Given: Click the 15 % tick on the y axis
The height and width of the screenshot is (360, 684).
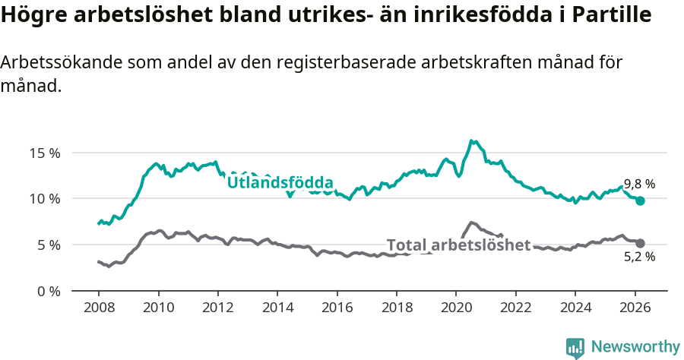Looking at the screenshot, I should pyautogui.click(x=44, y=153).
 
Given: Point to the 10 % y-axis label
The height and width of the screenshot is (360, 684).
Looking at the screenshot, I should pyautogui.click(x=44, y=199).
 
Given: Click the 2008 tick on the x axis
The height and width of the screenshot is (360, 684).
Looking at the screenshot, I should pyautogui.click(x=99, y=308).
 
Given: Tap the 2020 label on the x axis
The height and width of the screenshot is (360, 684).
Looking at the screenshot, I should pyautogui.click(x=456, y=308).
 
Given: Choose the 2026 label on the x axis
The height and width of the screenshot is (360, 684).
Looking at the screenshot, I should pyautogui.click(x=635, y=308).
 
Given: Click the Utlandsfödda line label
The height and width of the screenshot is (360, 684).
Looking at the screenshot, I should pyautogui.click(x=280, y=182).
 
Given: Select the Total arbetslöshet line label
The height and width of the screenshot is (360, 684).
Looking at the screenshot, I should pyautogui.click(x=458, y=245).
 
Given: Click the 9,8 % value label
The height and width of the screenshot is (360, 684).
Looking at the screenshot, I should pyautogui.click(x=639, y=184).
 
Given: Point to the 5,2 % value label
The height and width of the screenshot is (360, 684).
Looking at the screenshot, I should pyautogui.click(x=639, y=257).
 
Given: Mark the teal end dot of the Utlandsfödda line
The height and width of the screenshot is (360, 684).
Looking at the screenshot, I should pyautogui.click(x=640, y=201).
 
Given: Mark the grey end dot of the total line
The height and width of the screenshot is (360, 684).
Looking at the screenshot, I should pyautogui.click(x=640, y=243).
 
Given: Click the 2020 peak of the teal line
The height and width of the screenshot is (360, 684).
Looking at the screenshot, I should pyautogui.click(x=472, y=141).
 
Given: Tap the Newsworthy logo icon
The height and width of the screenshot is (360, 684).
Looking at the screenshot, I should pyautogui.click(x=575, y=348).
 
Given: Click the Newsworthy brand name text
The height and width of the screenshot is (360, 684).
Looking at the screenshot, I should pyautogui.click(x=635, y=347).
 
